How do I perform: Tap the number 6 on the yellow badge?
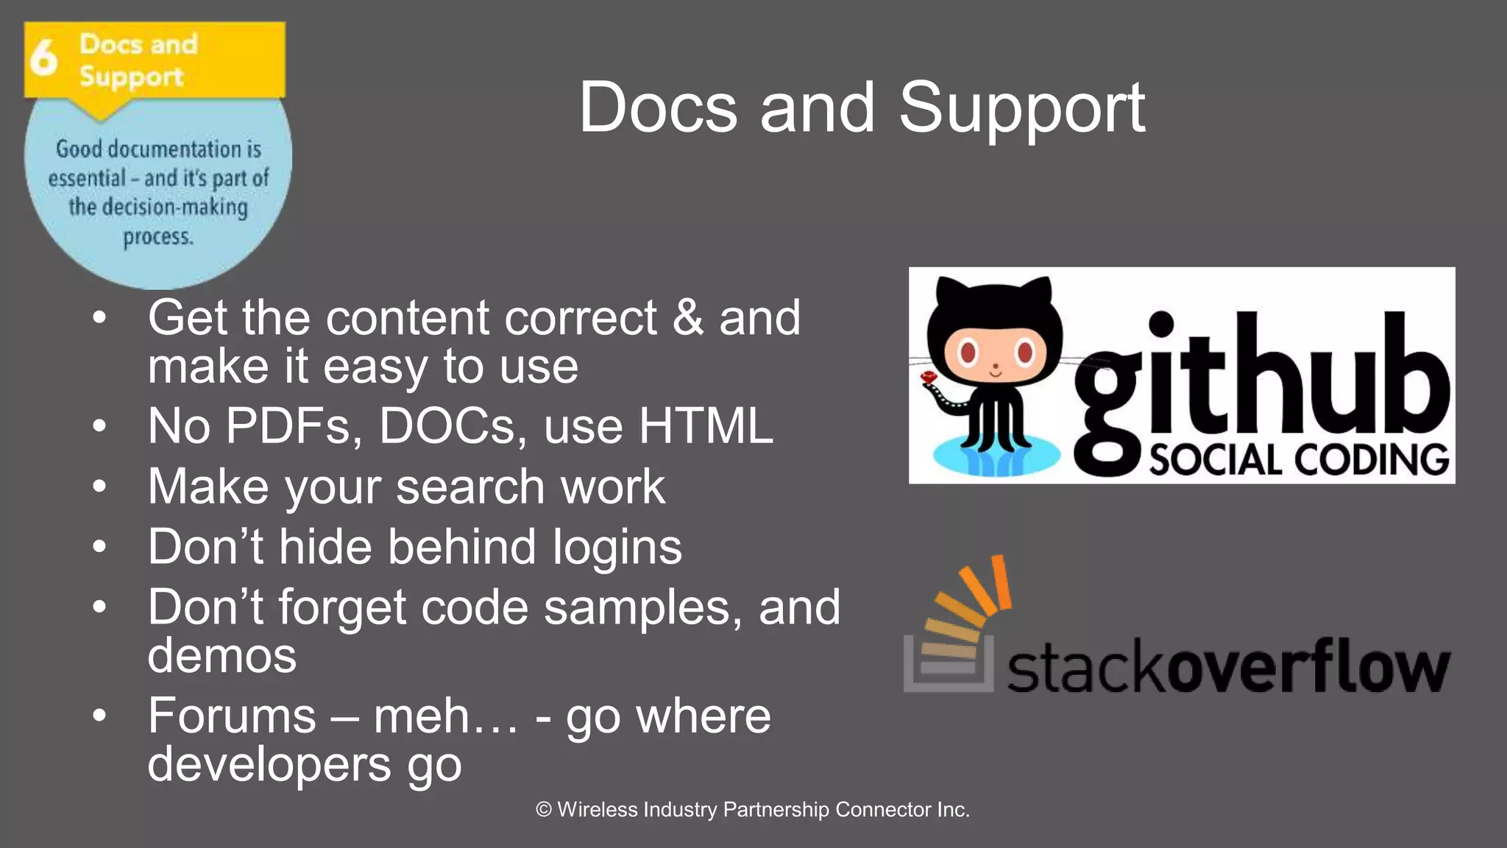click(43, 57)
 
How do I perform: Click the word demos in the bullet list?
click(221, 655)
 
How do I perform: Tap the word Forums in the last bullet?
click(232, 715)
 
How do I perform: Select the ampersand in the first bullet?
click(688, 318)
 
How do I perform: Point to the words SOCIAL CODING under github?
click(1299, 460)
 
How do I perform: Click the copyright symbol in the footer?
click(544, 810)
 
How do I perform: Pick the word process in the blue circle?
click(157, 238)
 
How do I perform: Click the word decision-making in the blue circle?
click(174, 208)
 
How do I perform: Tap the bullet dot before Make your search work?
click(100, 487)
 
